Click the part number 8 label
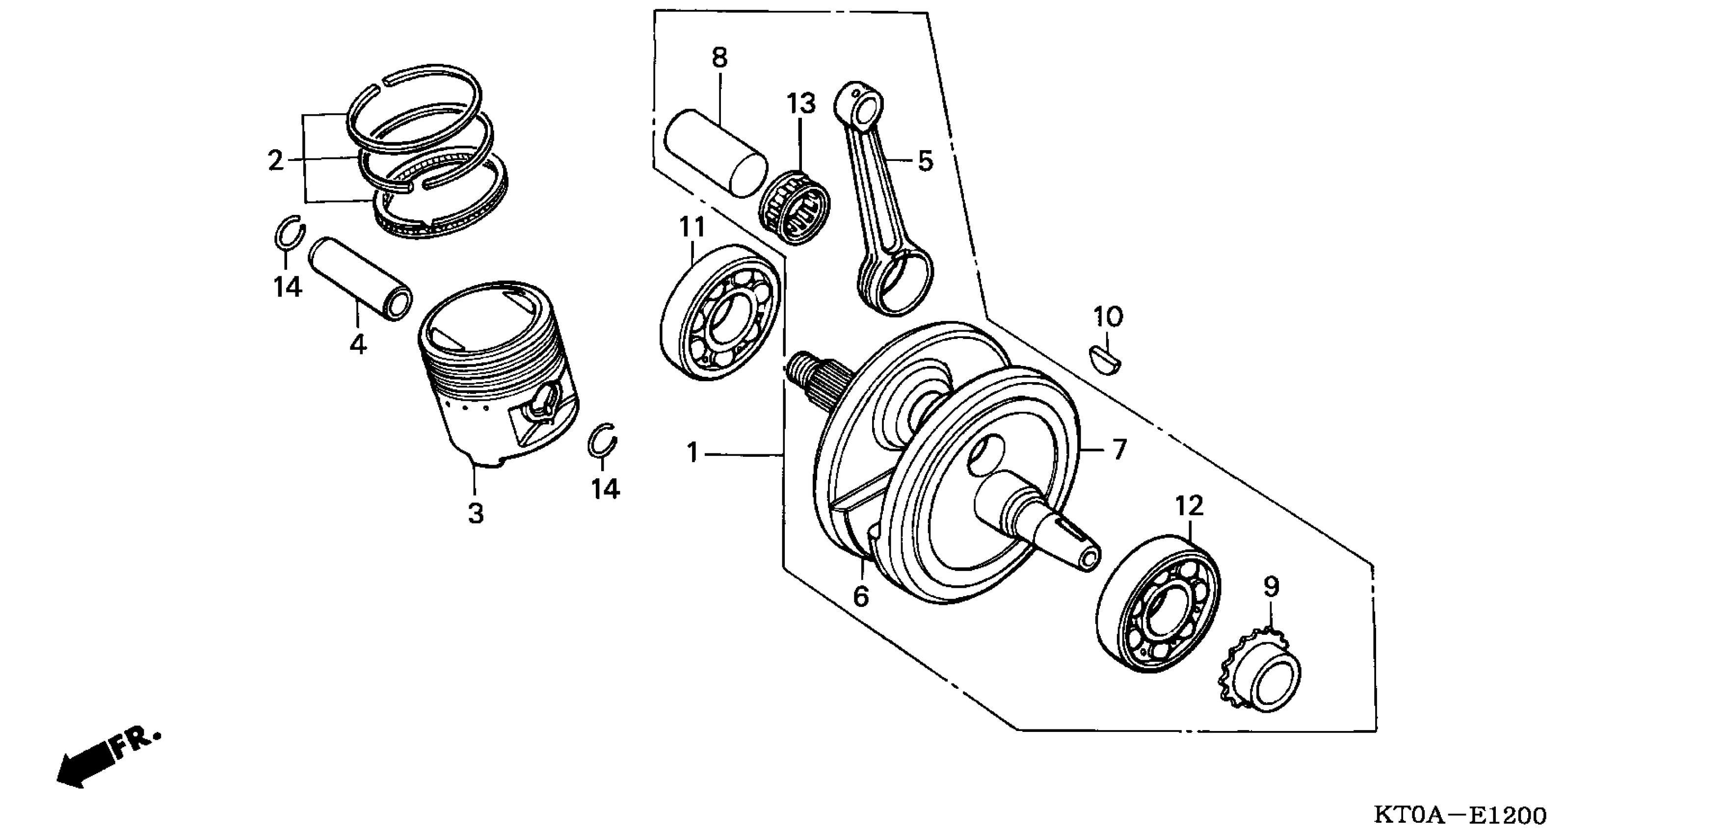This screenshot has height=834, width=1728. point(719,58)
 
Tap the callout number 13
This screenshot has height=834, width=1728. point(801,104)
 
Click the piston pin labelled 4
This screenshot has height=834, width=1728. point(361,279)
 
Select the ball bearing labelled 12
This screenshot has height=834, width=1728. point(1159,603)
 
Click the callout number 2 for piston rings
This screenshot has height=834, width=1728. point(275,161)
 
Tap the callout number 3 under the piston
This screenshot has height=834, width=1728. point(476,514)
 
